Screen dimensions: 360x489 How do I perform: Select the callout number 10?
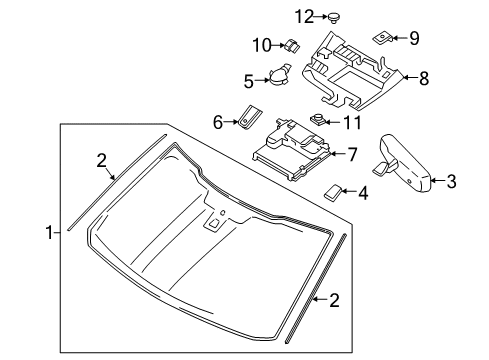click(x=261, y=44)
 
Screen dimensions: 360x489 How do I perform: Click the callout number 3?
click(x=451, y=181)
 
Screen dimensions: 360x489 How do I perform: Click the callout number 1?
click(x=49, y=232)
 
